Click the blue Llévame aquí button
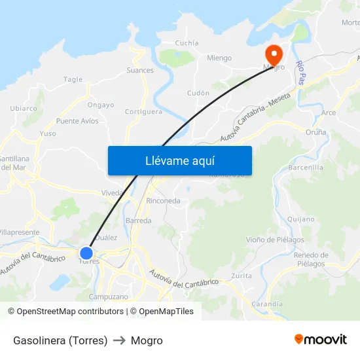coord(179,160)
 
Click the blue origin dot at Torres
coord(86,253)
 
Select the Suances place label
coord(140,70)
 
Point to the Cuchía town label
coord(187,43)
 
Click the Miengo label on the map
coord(219,58)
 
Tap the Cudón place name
coord(198,93)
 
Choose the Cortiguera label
coord(143,111)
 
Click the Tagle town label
coord(73,80)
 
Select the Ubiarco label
coord(24,108)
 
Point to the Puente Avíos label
coord(77,121)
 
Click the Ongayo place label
coord(101,105)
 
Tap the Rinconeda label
coord(164,201)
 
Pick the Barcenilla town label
coord(306,168)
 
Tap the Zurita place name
coord(242,276)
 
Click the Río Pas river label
coord(302,73)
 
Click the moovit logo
coord(321,340)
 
